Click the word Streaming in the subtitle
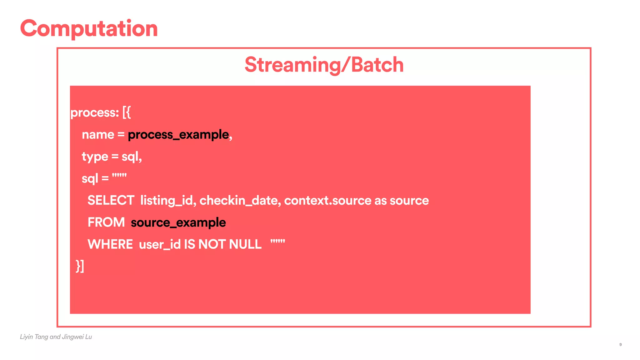(x=292, y=65)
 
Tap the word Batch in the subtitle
(x=377, y=65)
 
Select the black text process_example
(x=178, y=135)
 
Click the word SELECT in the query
(x=111, y=200)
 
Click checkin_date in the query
(x=240, y=200)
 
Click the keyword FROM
(x=106, y=222)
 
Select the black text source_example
(x=178, y=222)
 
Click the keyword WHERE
(x=110, y=244)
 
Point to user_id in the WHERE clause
(x=160, y=244)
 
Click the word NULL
(x=245, y=244)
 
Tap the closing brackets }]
(x=80, y=266)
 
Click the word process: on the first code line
(x=95, y=113)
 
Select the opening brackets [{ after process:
(x=127, y=112)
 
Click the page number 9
(x=620, y=345)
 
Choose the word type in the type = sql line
(x=95, y=157)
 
